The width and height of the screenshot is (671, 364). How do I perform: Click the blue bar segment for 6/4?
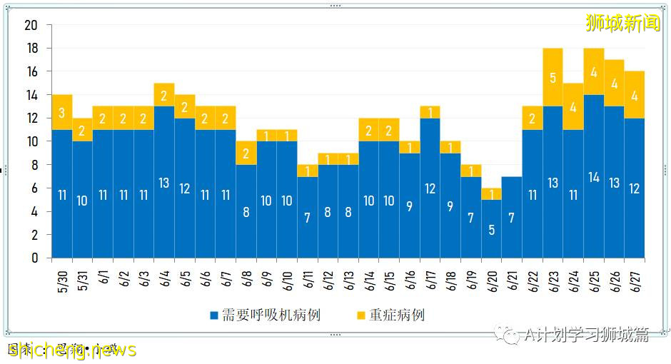[164, 182]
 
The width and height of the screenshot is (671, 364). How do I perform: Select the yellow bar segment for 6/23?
[553, 77]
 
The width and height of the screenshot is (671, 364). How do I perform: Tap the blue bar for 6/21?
[512, 217]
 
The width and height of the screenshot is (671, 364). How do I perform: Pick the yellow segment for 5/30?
[62, 112]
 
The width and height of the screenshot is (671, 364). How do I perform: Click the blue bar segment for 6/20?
[491, 228]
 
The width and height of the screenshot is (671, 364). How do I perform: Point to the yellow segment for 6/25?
[594, 71]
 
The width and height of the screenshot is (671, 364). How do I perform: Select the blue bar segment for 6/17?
[430, 188]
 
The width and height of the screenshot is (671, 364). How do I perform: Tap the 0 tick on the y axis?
[34, 258]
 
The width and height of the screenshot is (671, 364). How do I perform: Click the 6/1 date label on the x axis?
[103, 275]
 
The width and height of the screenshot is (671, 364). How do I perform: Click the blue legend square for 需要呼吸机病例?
[214, 315]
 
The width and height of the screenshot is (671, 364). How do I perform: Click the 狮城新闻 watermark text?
[622, 24]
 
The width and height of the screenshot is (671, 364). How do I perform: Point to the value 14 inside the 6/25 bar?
[594, 178]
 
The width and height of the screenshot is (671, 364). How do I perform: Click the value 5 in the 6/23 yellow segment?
[553, 78]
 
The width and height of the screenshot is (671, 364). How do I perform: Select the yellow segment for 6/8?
[246, 153]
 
